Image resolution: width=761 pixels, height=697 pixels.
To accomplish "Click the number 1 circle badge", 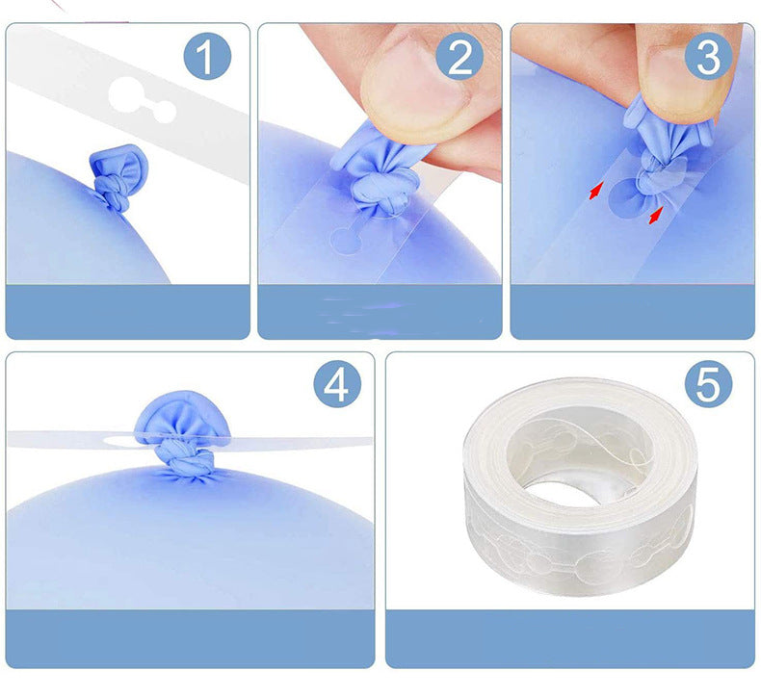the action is click(x=207, y=57).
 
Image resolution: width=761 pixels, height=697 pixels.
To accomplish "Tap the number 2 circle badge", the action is click(x=459, y=57).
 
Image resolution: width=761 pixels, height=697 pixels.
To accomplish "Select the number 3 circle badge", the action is click(x=708, y=57).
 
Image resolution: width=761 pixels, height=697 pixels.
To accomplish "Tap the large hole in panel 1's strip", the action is click(x=125, y=94).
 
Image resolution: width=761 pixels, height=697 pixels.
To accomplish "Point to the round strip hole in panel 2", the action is click(x=346, y=240).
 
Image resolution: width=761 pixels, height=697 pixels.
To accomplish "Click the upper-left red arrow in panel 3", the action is click(x=595, y=191).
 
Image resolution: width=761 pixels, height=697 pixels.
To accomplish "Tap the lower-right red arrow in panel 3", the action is click(x=656, y=216).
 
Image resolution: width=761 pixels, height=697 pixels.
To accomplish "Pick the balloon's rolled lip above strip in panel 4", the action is click(x=182, y=416).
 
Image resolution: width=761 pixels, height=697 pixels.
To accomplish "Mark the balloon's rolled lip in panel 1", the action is click(x=118, y=164).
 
